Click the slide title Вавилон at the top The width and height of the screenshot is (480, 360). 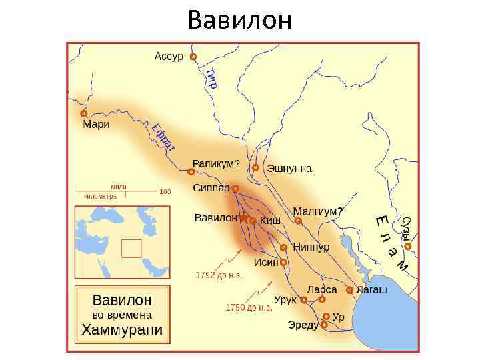tap(240, 20)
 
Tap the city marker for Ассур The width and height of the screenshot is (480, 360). tap(193, 57)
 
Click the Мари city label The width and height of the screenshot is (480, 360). tap(95, 124)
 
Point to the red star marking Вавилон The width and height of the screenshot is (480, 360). tap(244, 218)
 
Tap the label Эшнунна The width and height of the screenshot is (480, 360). tap(289, 169)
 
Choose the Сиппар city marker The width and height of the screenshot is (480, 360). tap(235, 189)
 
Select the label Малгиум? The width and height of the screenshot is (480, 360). tap(317, 212)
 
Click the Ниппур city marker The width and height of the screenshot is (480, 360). tap(284, 247)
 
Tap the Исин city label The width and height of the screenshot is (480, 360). tap(267, 262)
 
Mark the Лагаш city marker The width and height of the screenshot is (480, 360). tap(349, 290)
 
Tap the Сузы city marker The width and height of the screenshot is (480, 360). tap(408, 247)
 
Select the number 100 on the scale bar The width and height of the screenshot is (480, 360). tap(165, 191)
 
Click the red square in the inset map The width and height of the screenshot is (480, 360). tap(131, 248)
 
